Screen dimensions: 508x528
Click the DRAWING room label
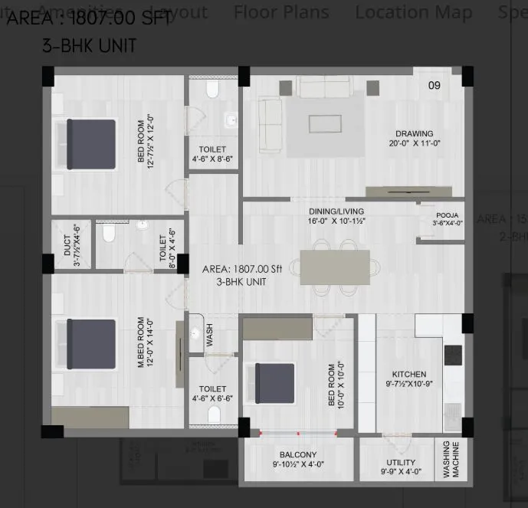[x=414, y=133]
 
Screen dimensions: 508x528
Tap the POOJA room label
[x=447, y=215]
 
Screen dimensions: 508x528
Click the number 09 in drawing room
[x=434, y=86]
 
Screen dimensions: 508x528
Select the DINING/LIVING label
[x=336, y=211]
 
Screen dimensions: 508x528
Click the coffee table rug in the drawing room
[x=325, y=123]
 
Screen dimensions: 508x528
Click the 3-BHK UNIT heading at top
[x=89, y=46]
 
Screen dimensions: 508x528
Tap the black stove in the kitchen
[x=453, y=355]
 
